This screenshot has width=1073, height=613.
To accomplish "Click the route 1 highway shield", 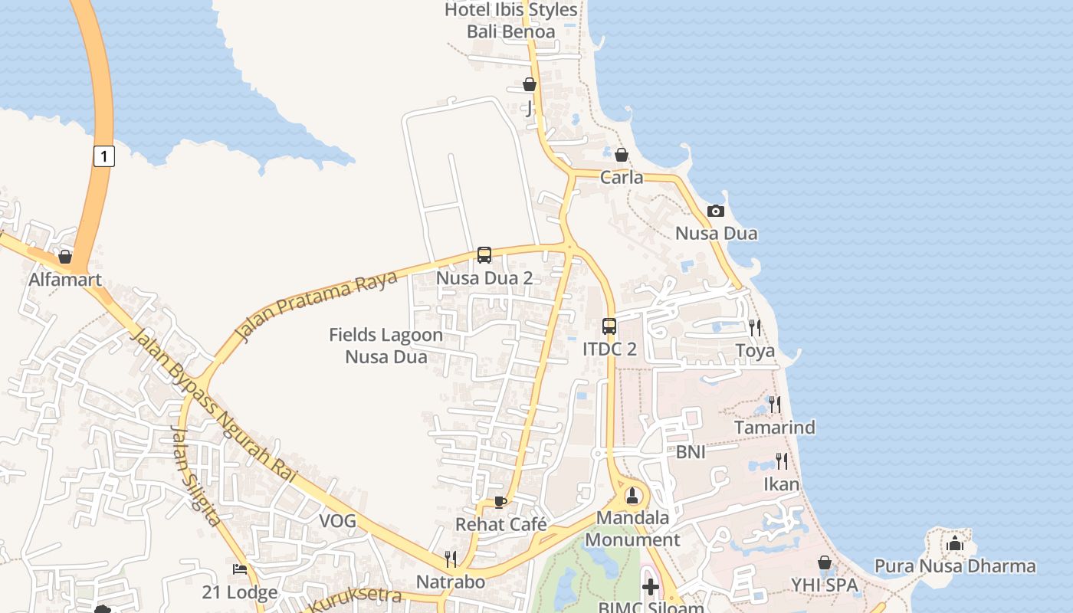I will coord(104,156).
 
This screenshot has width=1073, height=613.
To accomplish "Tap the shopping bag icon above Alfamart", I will coord(65,256).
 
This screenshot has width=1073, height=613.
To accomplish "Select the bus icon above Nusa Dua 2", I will coord(484,255).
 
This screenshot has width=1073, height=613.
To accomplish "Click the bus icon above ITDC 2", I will coord(609,326).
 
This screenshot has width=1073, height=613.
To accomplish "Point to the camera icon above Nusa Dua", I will coord(716,211).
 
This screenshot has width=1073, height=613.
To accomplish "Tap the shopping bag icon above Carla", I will coord(622,155).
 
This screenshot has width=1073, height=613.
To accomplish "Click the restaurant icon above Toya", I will coord(755,328).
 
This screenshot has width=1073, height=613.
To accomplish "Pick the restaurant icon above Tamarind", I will coord(775,404).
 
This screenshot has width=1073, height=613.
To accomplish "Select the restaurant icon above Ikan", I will coord(781,461).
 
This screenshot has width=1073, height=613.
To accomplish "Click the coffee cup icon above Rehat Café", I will coord(500,502).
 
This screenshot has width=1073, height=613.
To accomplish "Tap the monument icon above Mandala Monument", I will coord(632,494).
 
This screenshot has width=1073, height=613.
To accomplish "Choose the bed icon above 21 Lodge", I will coord(240,569).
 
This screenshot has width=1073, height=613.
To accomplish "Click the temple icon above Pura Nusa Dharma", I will coord(955,544).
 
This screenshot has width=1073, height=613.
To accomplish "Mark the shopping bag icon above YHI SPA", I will coord(825,563).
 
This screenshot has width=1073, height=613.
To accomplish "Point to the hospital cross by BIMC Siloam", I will coord(651,588).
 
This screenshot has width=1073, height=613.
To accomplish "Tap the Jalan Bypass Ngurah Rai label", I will coord(214,407).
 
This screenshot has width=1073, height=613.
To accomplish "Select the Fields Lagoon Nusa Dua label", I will coord(386,346).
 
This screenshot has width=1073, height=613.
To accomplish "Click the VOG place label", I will coord(338,521).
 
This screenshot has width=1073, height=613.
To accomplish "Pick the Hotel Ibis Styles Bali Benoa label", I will coord(511,21).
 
